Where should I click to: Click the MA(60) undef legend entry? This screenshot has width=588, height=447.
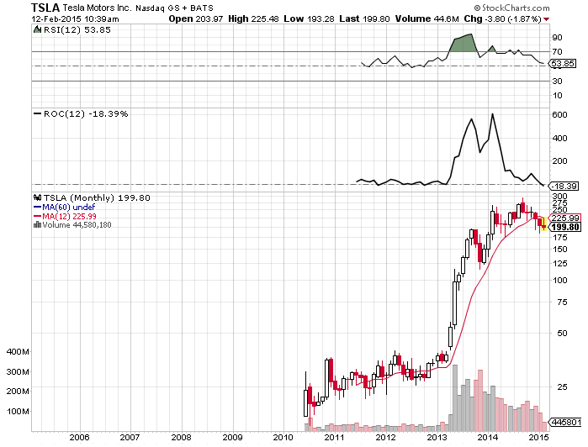click(63, 208)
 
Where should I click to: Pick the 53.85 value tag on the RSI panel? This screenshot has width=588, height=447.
click(561, 64)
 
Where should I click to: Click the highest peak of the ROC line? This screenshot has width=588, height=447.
click(491, 114)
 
